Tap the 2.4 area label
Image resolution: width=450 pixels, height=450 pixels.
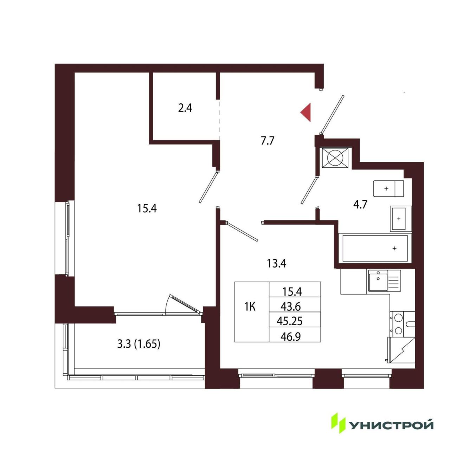(185, 108)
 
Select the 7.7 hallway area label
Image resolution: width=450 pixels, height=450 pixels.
(268, 141)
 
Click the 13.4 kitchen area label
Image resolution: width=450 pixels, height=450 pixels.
(276, 264)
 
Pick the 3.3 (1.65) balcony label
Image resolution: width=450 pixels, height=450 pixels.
(139, 344)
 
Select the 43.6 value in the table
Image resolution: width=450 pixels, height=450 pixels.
(290, 307)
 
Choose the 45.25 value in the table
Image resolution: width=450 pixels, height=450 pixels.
(290, 322)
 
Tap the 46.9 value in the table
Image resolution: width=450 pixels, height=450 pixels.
(290, 337)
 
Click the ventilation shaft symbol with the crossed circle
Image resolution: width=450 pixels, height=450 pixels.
(335, 157)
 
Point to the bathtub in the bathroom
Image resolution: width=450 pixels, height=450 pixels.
(375, 248)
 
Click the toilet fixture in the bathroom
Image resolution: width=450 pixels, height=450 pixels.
(388, 189)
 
